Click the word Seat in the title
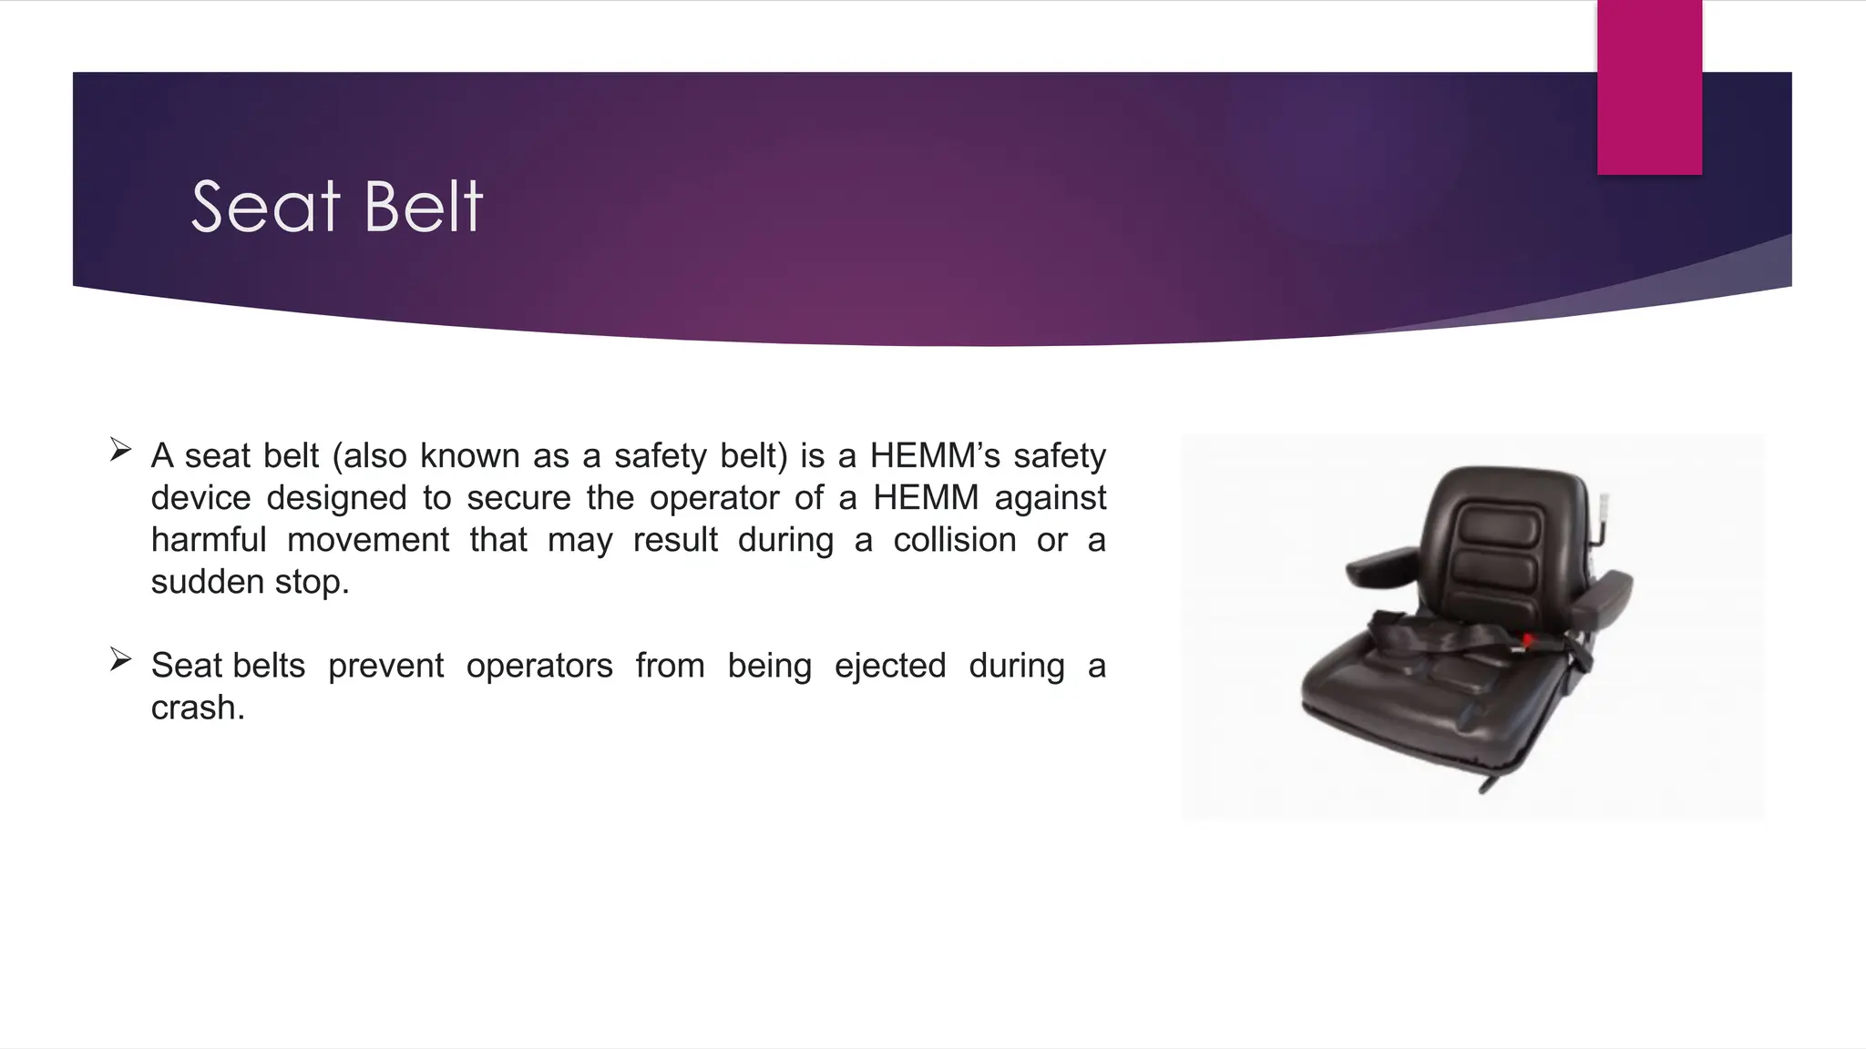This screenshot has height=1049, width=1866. tap(265, 207)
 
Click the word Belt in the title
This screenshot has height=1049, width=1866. tap(423, 207)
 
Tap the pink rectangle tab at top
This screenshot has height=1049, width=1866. tap(1649, 87)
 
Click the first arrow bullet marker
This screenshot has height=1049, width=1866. tap(120, 450)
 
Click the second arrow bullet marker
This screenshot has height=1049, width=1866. tap(120, 659)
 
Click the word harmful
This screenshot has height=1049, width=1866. tap(209, 540)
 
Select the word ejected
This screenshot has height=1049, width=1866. tap(889, 666)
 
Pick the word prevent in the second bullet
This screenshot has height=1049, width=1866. tap(385, 666)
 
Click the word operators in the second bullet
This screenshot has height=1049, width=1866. tap(539, 666)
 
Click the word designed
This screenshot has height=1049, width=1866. tap(336, 498)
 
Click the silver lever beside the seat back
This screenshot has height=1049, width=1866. tap(1605, 506)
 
